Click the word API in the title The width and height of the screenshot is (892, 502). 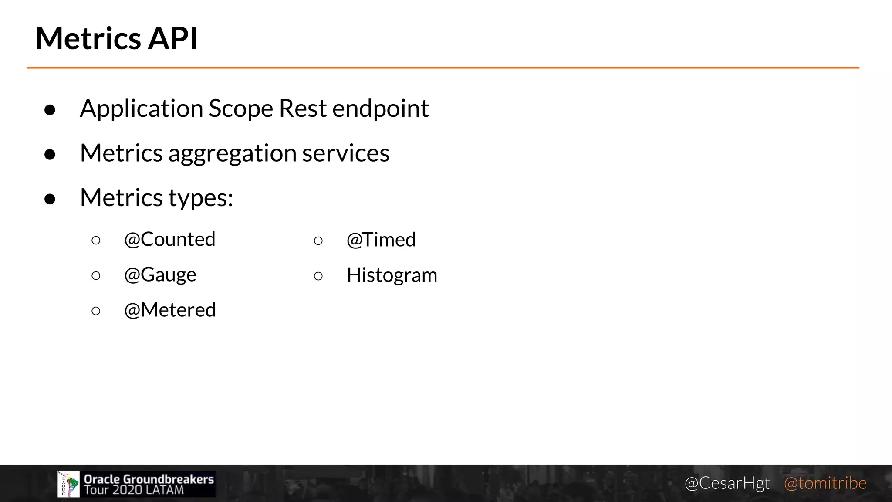(173, 38)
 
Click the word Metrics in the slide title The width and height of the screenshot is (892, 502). (88, 38)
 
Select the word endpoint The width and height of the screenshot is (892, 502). (380, 109)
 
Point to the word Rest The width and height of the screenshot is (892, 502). (303, 109)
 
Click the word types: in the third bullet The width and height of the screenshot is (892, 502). (201, 198)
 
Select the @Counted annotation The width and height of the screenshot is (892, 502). (170, 239)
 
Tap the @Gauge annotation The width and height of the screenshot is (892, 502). (160, 275)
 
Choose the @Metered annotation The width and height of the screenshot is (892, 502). (170, 310)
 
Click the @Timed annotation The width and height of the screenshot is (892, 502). (381, 240)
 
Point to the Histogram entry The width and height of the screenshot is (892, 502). (392, 275)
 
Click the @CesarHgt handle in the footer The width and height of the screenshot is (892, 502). (727, 483)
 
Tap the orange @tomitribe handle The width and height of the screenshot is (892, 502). (825, 483)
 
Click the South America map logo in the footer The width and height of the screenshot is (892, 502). (69, 484)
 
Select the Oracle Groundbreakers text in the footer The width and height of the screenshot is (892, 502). (149, 479)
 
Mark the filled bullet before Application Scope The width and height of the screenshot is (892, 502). (50, 110)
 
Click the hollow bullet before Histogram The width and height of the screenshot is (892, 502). (318, 276)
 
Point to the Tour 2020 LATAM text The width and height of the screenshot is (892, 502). (134, 490)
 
